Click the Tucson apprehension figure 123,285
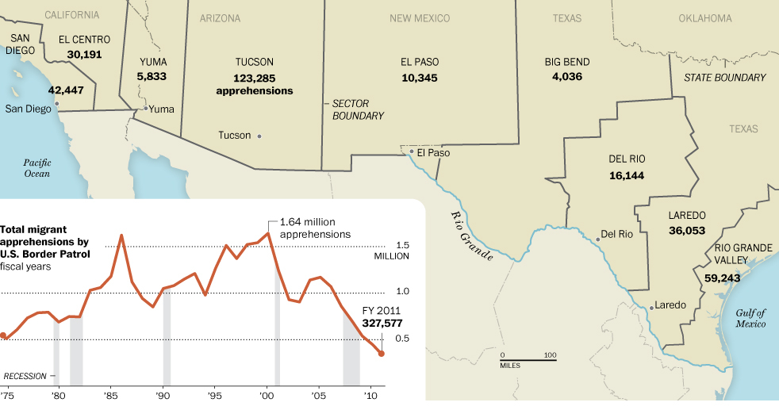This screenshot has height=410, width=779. click(x=254, y=78)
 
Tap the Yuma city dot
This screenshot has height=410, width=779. click(x=145, y=109)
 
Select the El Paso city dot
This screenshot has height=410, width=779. click(x=411, y=152)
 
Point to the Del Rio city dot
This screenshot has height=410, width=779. click(x=597, y=239)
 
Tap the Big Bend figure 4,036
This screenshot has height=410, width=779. click(x=567, y=77)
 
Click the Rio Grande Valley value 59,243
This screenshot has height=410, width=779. click(x=721, y=278)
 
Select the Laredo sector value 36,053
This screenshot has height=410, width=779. click(x=686, y=230)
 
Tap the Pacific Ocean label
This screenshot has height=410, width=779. click(x=36, y=167)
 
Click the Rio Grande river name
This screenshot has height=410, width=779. click(x=471, y=236)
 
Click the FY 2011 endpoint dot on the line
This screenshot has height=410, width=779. click(x=382, y=354)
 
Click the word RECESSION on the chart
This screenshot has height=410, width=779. click(x=25, y=376)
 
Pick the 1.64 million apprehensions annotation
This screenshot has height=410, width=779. click(x=315, y=228)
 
